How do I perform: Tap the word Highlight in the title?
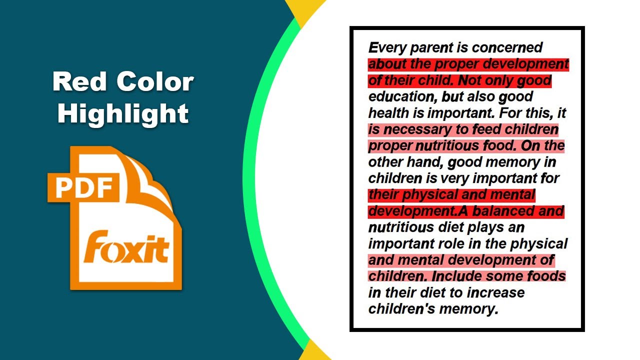click(123, 113)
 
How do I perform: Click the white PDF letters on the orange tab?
click(83, 187)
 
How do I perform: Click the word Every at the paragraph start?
click(387, 48)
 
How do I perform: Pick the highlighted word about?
click(387, 64)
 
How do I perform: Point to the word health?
click(388, 113)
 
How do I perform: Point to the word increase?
click(492, 292)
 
